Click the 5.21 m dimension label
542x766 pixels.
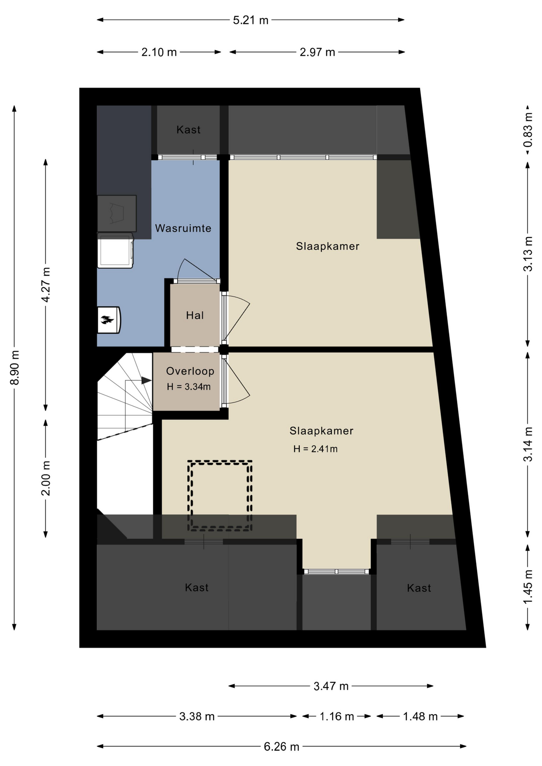point(251,20)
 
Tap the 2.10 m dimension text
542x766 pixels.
point(159,52)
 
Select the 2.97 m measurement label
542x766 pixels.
point(317,52)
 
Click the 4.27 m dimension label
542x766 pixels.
point(46,285)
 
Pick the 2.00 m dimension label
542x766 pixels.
point(46,478)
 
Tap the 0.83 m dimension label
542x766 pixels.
point(528,130)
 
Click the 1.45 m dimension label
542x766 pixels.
point(528,587)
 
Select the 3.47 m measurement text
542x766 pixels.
point(331,686)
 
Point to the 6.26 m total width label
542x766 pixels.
point(281,747)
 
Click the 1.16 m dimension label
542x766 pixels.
point(336,717)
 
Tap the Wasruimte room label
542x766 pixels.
point(183,228)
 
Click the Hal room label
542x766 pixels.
point(195,316)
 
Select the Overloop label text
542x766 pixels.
point(190,371)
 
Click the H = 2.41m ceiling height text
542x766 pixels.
point(315,449)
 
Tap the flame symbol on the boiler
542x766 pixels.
point(107,320)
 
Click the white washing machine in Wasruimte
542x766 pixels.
point(115,251)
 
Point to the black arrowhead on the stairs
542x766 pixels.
point(146,381)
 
